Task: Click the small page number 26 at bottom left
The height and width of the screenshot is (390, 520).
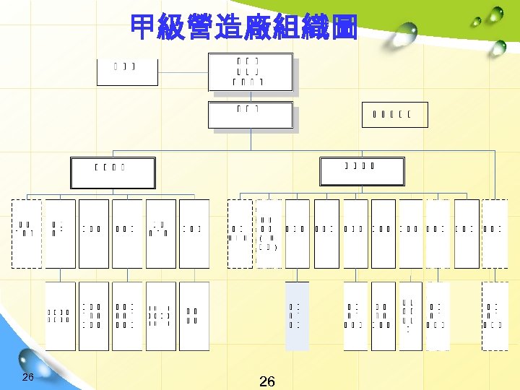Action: tap(28, 378)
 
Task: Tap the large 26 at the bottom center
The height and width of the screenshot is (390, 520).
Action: tap(266, 381)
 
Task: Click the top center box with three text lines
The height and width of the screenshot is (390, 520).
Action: tap(250, 72)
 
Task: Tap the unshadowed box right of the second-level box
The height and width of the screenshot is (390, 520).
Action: tap(395, 113)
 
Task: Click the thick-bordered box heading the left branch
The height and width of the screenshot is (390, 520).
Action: tap(111, 170)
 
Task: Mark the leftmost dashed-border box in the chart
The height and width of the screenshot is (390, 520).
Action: tap(27, 233)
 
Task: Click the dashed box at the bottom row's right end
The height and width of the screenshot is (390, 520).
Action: tap(495, 316)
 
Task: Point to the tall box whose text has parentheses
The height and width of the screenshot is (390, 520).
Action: tap(269, 233)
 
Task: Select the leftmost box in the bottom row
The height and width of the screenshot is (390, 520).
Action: tap(58, 316)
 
